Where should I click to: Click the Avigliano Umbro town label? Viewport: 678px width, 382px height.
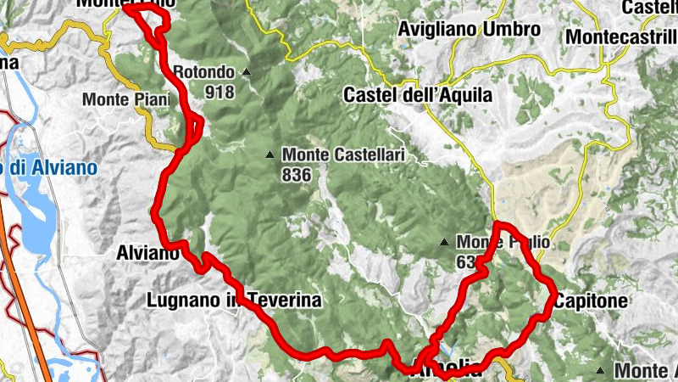469,30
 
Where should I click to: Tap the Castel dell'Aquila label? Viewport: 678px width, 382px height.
418,95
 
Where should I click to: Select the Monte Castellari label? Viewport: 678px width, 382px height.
343,155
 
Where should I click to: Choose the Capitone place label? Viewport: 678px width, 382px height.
591,301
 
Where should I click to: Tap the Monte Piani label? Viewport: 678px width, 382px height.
120,99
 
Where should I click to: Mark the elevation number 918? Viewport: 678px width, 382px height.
219,91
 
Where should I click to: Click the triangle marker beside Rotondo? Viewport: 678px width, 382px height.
246,72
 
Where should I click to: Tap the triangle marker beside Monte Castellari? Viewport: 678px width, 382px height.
270,154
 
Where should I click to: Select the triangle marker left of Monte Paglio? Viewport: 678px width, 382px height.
444,243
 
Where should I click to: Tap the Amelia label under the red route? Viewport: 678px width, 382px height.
449,371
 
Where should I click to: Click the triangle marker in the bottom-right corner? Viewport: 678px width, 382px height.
600,370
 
